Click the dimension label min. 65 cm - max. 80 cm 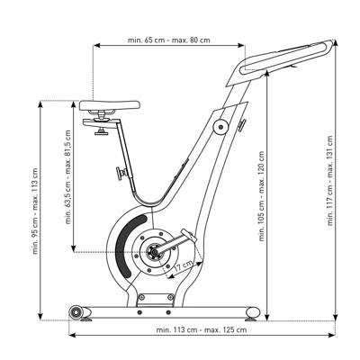point(169,40)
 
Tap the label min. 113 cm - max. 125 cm point(202,329)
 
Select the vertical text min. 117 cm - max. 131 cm point(330,181)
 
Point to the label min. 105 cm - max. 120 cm point(262,196)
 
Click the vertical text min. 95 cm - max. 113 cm point(35,211)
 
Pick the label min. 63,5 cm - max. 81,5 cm point(68,177)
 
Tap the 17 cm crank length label point(184,265)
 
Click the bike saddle point(110,105)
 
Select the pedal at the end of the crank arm point(189,236)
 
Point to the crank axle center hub point(155,253)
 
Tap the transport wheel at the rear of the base point(76,312)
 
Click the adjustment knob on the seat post point(121,174)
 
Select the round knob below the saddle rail point(101,131)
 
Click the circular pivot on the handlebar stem point(221,127)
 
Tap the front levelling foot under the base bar point(251,319)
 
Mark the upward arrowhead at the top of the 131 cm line point(336,42)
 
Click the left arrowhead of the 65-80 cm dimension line point(96,45)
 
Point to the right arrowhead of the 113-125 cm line point(332,335)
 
